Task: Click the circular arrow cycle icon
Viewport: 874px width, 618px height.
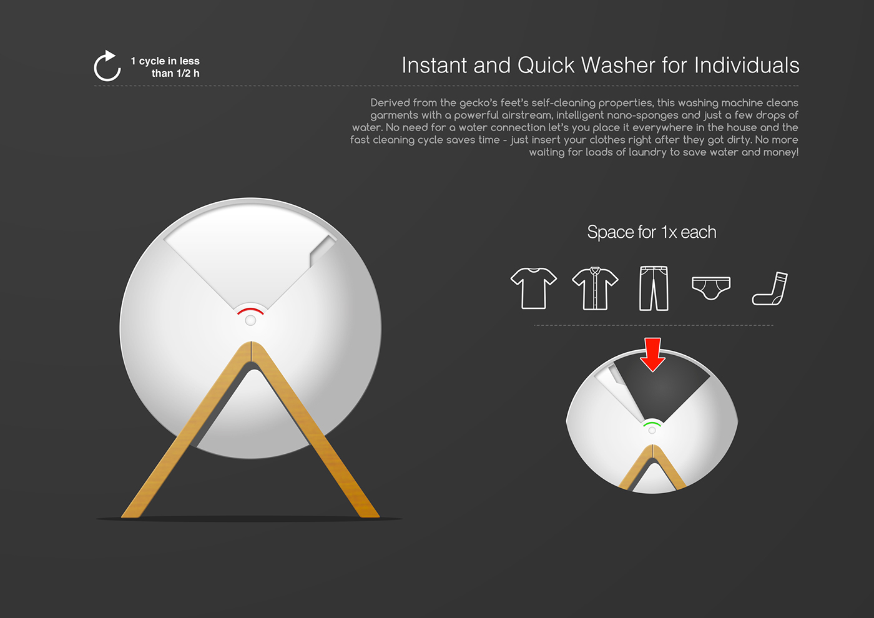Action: [x=107, y=66]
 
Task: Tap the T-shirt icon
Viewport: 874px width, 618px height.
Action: [x=533, y=288]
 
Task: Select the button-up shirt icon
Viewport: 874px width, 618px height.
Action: [x=595, y=288]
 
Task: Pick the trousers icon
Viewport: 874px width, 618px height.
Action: [x=654, y=288]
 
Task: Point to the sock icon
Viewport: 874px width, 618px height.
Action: [x=770, y=289]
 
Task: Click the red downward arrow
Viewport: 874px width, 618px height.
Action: [x=652, y=354]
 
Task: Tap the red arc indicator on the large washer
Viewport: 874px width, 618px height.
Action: [x=250, y=310]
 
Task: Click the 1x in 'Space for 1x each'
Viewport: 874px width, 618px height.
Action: [x=669, y=232]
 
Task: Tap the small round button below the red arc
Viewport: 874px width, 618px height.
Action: [x=250, y=320]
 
